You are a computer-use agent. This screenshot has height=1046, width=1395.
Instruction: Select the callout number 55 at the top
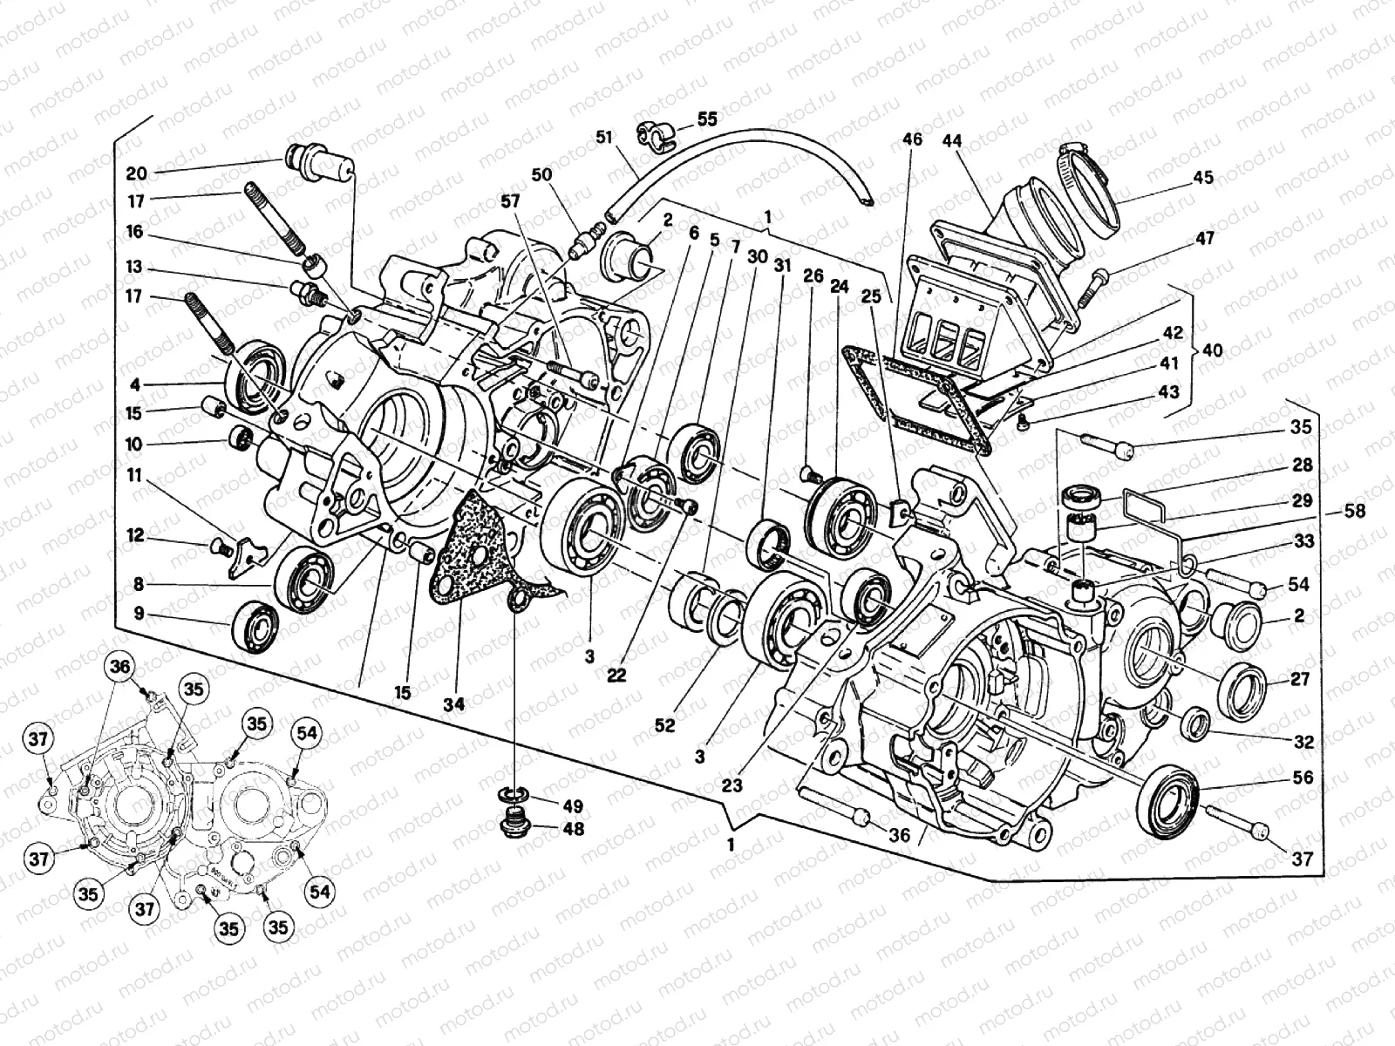click(706, 119)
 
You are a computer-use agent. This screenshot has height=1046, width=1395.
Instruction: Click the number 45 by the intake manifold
click(1202, 178)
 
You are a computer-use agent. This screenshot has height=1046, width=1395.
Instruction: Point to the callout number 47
click(1205, 237)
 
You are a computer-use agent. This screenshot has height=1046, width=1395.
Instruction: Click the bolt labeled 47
click(1091, 287)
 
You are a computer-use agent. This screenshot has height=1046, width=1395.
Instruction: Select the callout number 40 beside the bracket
click(1212, 350)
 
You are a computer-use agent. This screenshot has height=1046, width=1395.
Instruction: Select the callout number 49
click(572, 806)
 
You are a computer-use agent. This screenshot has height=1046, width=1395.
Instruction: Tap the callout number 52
click(664, 724)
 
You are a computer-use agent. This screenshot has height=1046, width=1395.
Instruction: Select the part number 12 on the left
click(135, 536)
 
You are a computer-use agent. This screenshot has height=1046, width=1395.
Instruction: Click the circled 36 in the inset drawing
click(119, 667)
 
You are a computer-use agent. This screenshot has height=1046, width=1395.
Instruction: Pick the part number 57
click(509, 201)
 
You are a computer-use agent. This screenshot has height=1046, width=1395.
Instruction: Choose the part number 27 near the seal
click(1300, 680)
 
